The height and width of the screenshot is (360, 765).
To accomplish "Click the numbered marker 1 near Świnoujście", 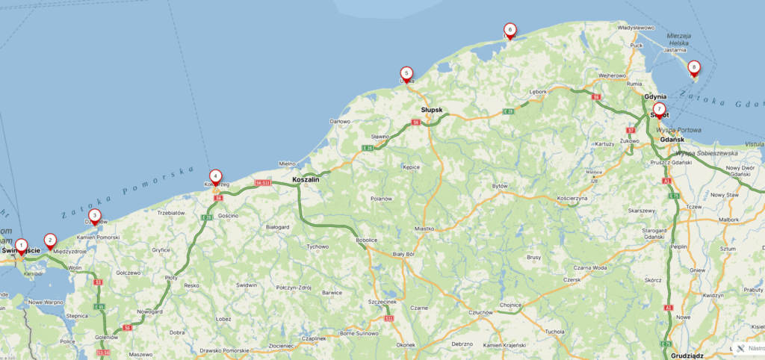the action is coord(21,245).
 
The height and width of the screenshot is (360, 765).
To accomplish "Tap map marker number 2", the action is coord(50,240).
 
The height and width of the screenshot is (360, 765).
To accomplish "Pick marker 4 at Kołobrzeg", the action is coord(215,176).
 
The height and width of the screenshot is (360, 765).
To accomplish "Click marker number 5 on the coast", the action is coord(406,73).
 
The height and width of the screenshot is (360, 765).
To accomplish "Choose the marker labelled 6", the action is coord(510,31).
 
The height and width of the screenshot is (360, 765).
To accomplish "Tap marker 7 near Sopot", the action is coord(659,109).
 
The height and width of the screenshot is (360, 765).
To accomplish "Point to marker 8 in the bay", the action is coord(693,67).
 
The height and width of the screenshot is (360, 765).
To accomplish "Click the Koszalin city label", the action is coord(306,180).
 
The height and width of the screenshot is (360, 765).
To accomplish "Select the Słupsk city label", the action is coord(432,110).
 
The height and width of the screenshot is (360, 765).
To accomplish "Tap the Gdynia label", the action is coord(655,97).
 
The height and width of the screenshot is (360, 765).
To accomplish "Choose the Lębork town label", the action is coord(538,93).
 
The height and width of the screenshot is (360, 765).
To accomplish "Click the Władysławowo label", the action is coord(636,28).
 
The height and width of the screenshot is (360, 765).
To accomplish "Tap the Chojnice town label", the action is coord(510,305).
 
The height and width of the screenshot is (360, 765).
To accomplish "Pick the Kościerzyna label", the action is coord(573,198).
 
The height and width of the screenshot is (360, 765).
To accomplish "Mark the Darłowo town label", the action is coord(340,121).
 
